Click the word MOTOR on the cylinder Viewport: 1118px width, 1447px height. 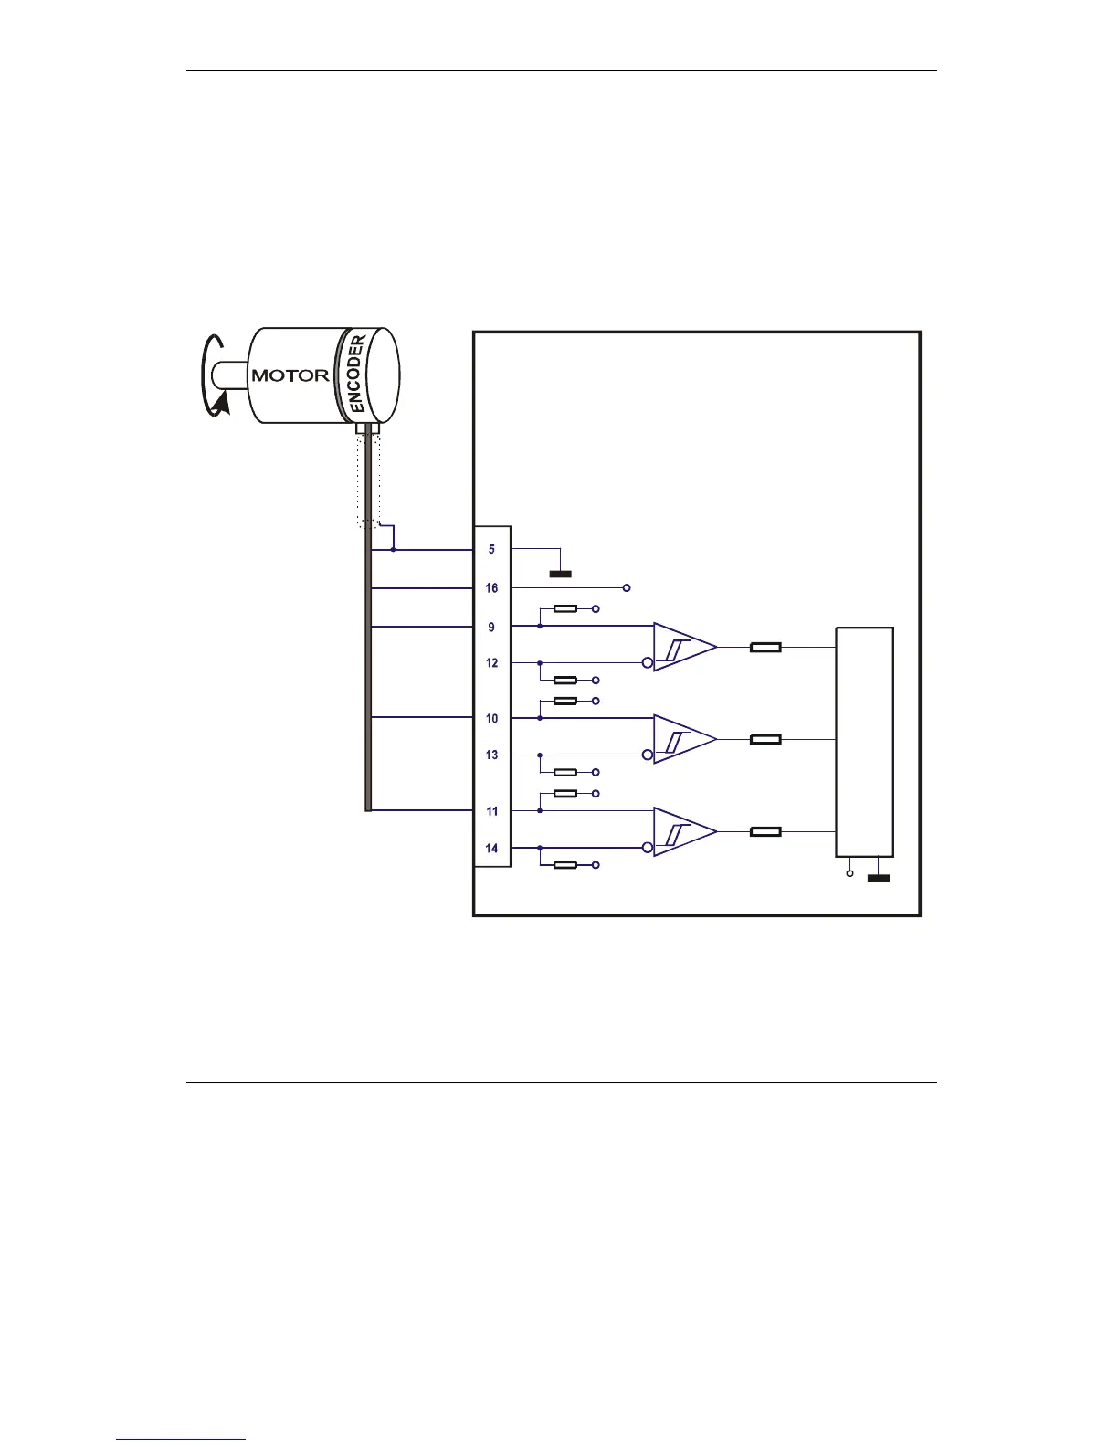point(290,375)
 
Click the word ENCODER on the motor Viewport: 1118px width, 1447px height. point(358,375)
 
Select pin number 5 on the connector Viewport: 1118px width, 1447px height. point(491,550)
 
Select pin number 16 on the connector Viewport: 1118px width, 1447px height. point(491,588)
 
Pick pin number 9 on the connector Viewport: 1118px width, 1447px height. point(491,628)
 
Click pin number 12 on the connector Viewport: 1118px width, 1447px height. point(491,663)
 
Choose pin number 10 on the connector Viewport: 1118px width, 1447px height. point(491,719)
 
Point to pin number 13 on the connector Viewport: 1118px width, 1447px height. point(491,755)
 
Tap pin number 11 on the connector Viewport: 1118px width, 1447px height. point(491,811)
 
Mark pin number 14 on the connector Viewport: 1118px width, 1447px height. point(491,849)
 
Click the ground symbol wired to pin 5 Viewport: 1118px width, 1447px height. point(560,574)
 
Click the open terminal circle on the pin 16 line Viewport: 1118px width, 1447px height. point(626,587)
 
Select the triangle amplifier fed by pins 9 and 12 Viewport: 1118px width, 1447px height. point(683,648)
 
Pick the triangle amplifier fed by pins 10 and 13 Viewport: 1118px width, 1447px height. point(683,739)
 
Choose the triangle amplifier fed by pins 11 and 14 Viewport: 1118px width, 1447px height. point(683,832)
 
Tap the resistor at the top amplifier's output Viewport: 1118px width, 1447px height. point(765,648)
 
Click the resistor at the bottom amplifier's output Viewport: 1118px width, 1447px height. point(765,832)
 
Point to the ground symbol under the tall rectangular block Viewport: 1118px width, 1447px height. point(878,878)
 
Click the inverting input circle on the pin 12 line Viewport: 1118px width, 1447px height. point(648,663)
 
